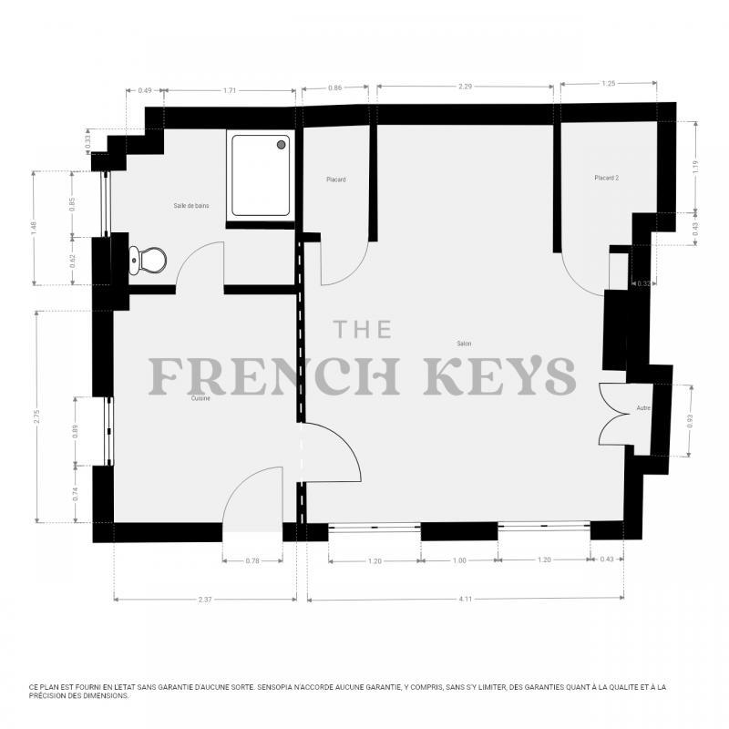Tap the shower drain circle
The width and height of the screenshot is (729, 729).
[282, 144]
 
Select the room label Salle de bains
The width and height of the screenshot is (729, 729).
[191, 206]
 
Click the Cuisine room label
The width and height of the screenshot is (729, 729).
[200, 398]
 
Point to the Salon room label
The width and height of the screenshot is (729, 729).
[464, 344]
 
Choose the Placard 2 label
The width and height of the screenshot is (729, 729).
[606, 178]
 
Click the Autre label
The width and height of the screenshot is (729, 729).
[643, 407]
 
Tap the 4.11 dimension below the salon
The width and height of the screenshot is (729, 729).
[465, 599]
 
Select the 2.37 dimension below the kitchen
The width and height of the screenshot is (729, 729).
[205, 599]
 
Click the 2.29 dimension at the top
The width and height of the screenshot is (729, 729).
[465, 87]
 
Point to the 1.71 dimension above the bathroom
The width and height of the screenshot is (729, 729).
[231, 91]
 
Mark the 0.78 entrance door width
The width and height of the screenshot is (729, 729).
[252, 560]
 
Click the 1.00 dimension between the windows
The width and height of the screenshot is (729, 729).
[459, 560]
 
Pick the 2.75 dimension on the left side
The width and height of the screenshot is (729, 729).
[36, 416]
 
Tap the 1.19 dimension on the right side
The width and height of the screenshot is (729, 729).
[695, 167]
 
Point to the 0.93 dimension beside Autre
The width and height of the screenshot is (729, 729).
[690, 421]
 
